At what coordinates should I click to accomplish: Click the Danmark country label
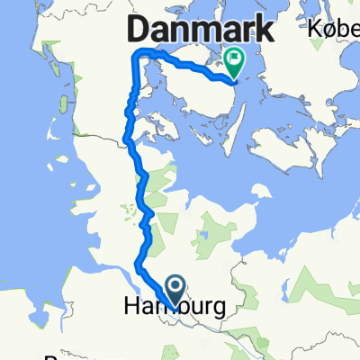tap(201, 31)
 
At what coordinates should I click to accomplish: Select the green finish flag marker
tap(236, 61)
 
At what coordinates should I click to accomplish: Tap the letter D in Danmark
tap(139, 31)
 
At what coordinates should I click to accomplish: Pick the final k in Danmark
tap(265, 31)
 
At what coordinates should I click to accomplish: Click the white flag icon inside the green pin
tap(236, 59)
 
